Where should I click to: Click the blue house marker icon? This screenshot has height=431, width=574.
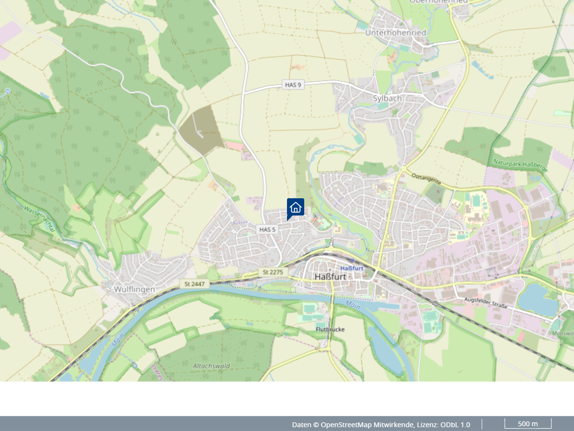click(x=296, y=207)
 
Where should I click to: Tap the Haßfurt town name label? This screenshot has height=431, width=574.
click(x=330, y=277)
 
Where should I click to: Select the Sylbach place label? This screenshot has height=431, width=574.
click(x=387, y=98)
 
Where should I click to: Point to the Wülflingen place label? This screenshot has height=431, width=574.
click(x=134, y=289)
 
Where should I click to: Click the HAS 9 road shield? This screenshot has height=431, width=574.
click(x=293, y=85)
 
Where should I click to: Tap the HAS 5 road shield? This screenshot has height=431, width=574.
click(x=267, y=229)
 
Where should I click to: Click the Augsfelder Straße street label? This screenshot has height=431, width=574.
click(x=486, y=303)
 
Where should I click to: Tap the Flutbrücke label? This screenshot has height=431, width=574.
click(x=330, y=329)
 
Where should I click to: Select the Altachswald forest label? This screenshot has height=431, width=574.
click(x=211, y=366)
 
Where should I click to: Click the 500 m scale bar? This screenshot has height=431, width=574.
click(x=528, y=424)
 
